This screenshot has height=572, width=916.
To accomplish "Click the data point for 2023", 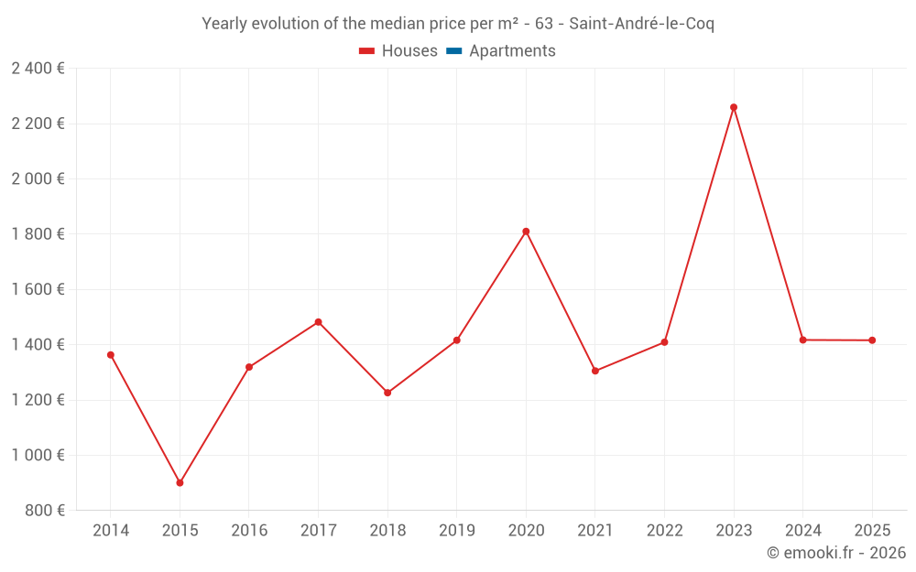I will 734,107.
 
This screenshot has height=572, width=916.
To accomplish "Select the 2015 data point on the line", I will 180,482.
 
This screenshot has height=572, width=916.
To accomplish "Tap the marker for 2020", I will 526,232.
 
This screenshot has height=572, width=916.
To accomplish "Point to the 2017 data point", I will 318,322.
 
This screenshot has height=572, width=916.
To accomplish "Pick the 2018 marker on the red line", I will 387,393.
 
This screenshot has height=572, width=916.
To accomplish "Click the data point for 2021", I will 595,371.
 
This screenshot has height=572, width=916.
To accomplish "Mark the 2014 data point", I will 111,355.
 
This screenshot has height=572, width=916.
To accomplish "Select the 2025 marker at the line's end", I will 872,340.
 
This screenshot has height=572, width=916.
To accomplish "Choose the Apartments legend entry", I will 512,51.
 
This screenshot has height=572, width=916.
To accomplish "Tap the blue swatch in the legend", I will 453,51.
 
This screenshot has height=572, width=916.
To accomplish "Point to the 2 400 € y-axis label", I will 38,69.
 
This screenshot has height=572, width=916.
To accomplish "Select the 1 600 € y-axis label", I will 38,289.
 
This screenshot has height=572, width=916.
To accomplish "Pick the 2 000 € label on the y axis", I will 38,178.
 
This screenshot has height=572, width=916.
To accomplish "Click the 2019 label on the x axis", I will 456,531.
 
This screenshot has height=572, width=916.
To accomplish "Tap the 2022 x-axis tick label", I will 664,531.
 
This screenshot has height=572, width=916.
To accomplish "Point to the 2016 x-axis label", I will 249,531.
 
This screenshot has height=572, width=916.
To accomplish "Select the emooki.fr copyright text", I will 835,553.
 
